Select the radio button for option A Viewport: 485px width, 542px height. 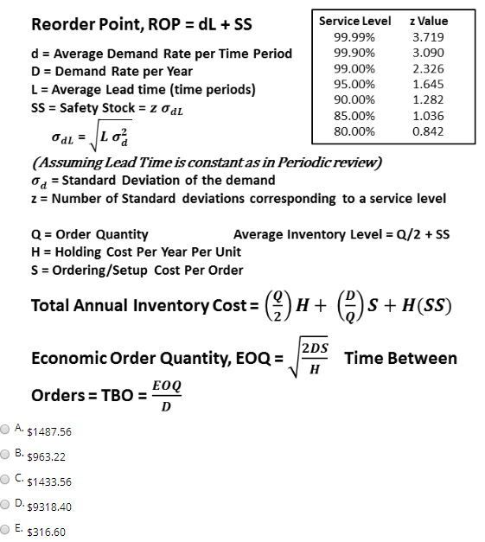pyautogui.click(x=6, y=429)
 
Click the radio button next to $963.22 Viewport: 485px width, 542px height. pyautogui.click(x=6, y=454)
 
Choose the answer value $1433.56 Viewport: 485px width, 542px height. pyautogui.click(x=50, y=481)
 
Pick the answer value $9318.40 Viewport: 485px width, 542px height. pyautogui.click(x=50, y=507)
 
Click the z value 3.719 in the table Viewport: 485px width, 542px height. pyautogui.click(x=428, y=37)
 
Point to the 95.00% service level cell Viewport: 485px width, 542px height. pyautogui.click(x=354, y=84)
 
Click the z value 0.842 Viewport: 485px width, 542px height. pyautogui.click(x=428, y=131)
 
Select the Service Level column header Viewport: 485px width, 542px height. pyautogui.click(x=354, y=21)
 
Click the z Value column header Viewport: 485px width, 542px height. pyautogui.click(x=430, y=21)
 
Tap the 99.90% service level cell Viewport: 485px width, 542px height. pyautogui.click(x=354, y=53)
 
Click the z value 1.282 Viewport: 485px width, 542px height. pyautogui.click(x=428, y=99)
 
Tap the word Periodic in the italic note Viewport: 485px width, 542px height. pyautogui.click(x=296, y=163)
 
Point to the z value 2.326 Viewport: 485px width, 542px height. pyautogui.click(x=428, y=68)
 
